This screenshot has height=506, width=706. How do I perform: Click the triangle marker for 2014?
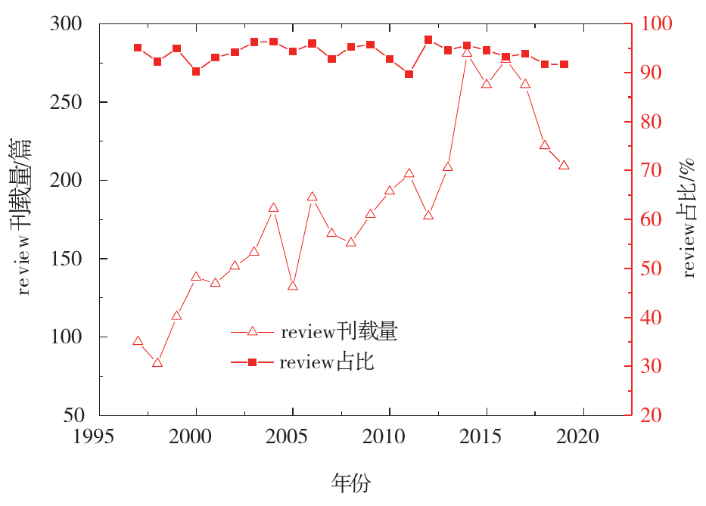[467, 52]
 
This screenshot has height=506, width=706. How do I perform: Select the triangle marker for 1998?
[157, 363]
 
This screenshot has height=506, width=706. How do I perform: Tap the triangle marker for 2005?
[293, 286]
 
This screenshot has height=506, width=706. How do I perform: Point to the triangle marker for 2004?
[273, 208]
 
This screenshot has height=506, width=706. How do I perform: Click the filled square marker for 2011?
[409, 74]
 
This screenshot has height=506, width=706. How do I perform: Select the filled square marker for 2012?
[428, 39]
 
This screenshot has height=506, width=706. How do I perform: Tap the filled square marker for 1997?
[138, 48]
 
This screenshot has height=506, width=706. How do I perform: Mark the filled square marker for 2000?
[196, 71]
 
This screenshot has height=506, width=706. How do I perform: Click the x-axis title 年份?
[351, 482]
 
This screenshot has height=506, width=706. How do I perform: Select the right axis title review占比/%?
[689, 219]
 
